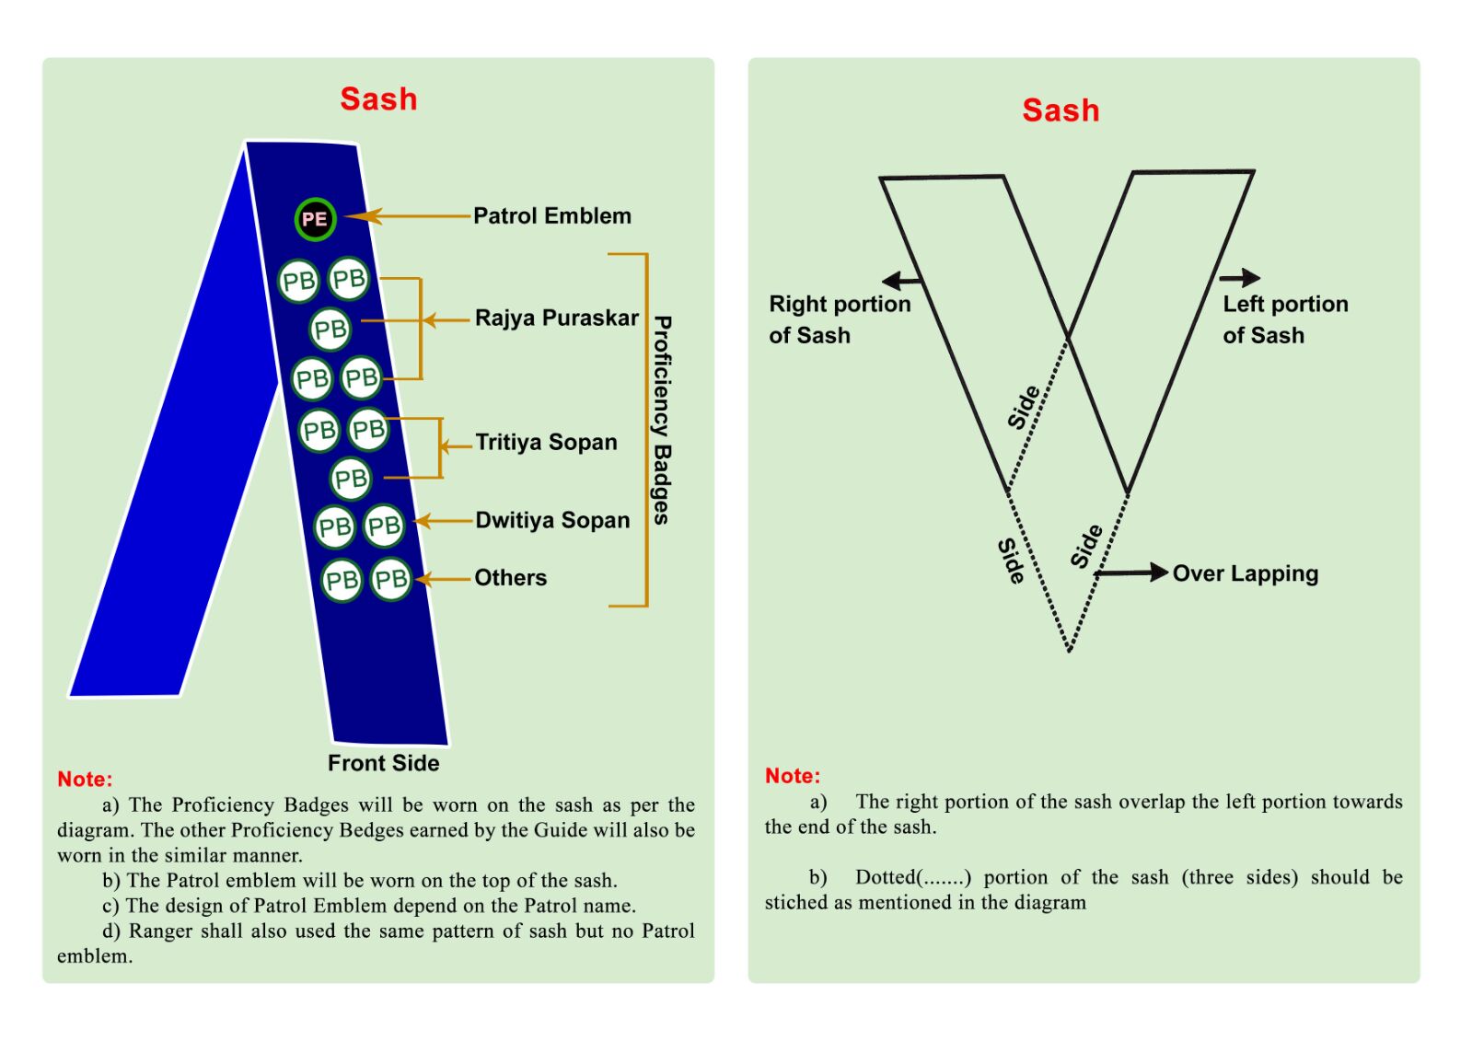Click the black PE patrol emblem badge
[x=315, y=219]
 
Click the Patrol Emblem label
[x=552, y=216]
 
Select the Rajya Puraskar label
[x=556, y=318]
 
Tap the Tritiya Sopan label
[x=546, y=443]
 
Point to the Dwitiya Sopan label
[x=552, y=521]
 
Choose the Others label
[x=510, y=578]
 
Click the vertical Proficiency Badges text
[x=662, y=421]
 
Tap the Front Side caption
[x=383, y=763]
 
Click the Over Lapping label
[x=1245, y=573]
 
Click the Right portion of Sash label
[x=839, y=319]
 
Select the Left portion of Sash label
[x=1284, y=319]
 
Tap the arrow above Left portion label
[x=1240, y=277]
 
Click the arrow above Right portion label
[x=901, y=281]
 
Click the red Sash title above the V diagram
[x=1061, y=110]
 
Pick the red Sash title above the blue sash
[x=378, y=99]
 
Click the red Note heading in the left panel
[x=85, y=780]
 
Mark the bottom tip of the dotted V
[x=1069, y=650]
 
